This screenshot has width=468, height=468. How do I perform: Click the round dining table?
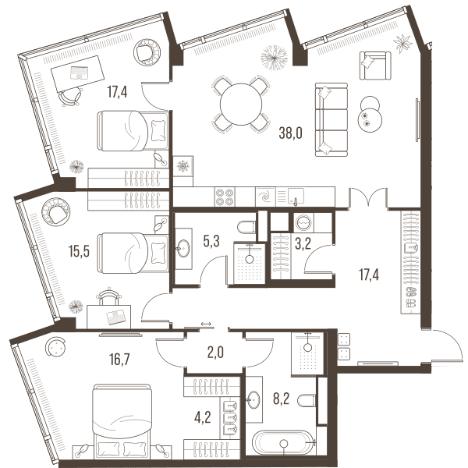(x=241, y=105)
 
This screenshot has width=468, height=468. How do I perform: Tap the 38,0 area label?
(x=290, y=133)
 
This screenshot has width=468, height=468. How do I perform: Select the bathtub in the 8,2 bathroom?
(x=284, y=443)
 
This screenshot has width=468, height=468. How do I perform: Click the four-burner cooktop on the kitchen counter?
(x=225, y=197)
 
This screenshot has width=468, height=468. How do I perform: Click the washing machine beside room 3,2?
(x=303, y=222)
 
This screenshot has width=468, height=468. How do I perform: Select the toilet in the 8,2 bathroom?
(x=307, y=400)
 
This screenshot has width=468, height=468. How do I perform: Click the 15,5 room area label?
(x=79, y=251)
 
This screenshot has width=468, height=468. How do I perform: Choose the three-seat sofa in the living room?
(x=331, y=119)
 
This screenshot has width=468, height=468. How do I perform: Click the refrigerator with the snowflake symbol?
(x=183, y=166)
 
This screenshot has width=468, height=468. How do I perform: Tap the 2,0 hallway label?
(x=215, y=353)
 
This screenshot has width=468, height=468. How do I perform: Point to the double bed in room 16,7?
(x=121, y=423)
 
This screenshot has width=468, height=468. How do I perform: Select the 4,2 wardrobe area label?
(x=202, y=417)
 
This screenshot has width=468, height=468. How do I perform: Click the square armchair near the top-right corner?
(x=375, y=66)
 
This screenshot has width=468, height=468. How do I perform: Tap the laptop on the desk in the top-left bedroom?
(x=79, y=73)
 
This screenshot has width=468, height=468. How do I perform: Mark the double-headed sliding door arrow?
(x=206, y=324)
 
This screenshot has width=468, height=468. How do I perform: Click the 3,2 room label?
(x=303, y=244)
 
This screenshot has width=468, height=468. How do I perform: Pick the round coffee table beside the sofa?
(x=370, y=115)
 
